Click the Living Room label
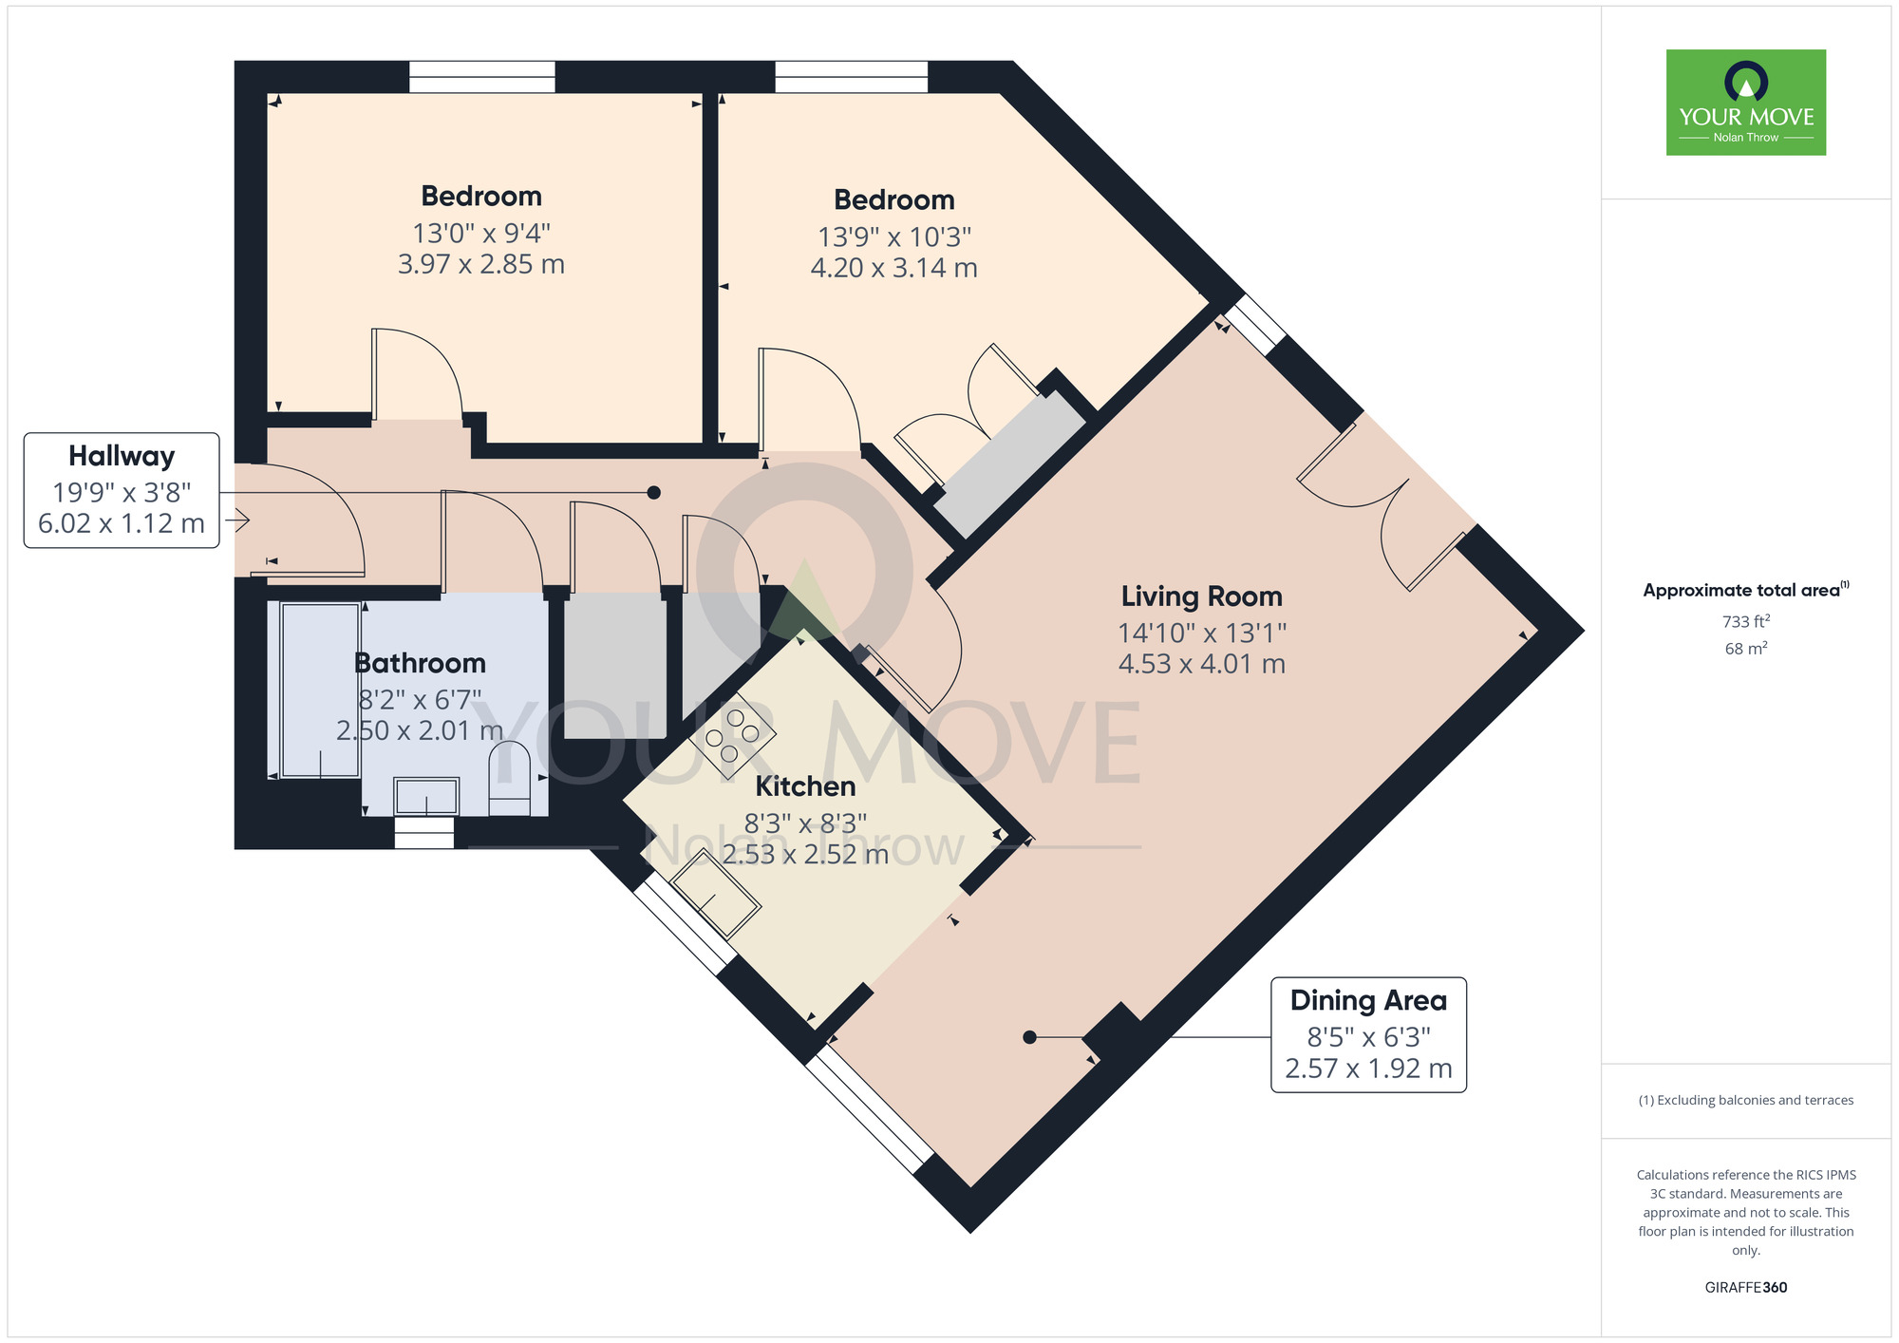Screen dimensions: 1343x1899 [x=1201, y=596]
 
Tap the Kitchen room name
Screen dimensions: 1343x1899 [x=805, y=786]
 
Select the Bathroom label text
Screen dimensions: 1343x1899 [x=420, y=663]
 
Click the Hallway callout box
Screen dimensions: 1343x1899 [x=122, y=490]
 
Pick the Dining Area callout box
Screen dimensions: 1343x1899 [x=1368, y=1034]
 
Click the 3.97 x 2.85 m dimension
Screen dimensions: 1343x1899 [x=481, y=264]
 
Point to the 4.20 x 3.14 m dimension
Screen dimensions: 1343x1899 [x=893, y=268]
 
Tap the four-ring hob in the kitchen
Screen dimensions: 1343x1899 [x=732, y=735]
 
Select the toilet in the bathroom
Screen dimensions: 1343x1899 [x=509, y=777]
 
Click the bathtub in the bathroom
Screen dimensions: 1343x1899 [x=320, y=690]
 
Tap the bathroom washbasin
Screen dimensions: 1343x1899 [x=426, y=796]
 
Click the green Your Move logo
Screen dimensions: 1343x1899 [x=1745, y=103]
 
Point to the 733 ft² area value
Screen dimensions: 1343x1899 [x=1745, y=621]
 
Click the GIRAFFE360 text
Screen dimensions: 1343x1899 [x=1745, y=1287]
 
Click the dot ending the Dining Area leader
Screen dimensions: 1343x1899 [x=1029, y=1037]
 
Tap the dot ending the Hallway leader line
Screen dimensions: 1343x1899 [x=653, y=492]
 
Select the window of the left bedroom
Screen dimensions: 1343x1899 [x=481, y=77]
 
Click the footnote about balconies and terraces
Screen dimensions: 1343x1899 [x=1745, y=1100]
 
